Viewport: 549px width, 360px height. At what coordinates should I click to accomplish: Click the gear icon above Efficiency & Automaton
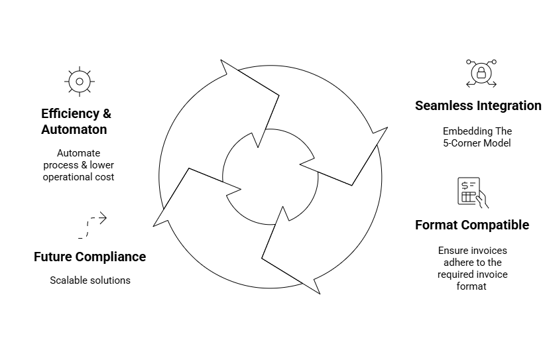80,82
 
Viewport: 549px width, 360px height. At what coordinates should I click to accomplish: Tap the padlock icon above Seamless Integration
481,73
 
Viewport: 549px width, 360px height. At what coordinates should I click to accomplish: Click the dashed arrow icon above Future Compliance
92,225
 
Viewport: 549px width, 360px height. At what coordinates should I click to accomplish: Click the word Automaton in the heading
74,130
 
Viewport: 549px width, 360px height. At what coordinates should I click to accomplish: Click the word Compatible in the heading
495,225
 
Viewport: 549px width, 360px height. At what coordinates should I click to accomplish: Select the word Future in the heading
52,257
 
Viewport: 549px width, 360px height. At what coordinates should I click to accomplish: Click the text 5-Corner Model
477,143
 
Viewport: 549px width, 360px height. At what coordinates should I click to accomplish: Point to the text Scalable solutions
90,280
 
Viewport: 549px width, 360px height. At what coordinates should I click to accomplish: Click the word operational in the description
67,177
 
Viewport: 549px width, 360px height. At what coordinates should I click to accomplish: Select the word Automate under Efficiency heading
79,153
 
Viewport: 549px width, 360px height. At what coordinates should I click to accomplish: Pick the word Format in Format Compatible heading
436,225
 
